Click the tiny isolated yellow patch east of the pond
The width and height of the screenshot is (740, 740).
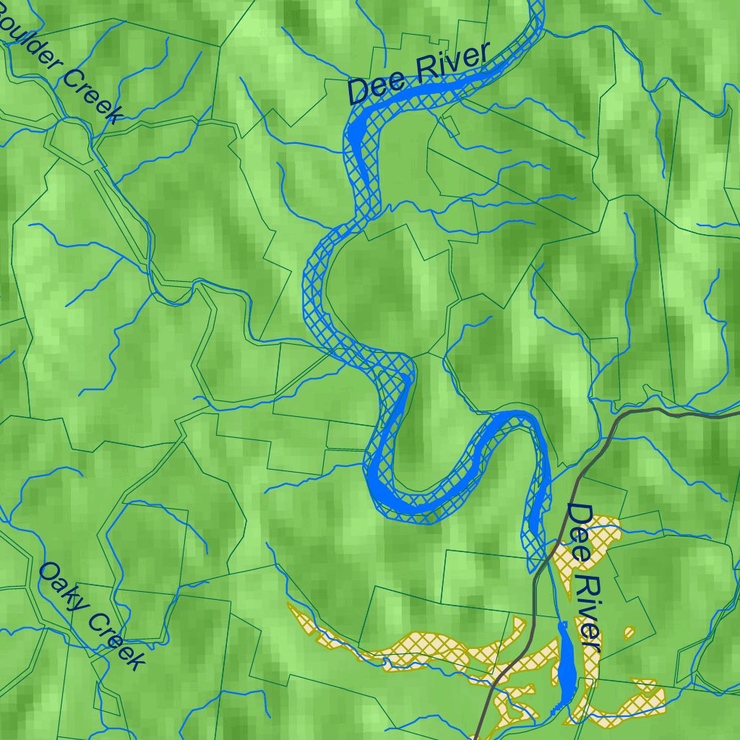pyautogui.click(x=629, y=634)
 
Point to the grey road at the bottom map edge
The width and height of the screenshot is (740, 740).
pyautogui.click(x=478, y=733)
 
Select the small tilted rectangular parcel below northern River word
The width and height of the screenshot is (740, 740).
pyautogui.click(x=451, y=126)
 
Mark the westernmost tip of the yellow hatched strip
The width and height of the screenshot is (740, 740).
pyautogui.click(x=290, y=606)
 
